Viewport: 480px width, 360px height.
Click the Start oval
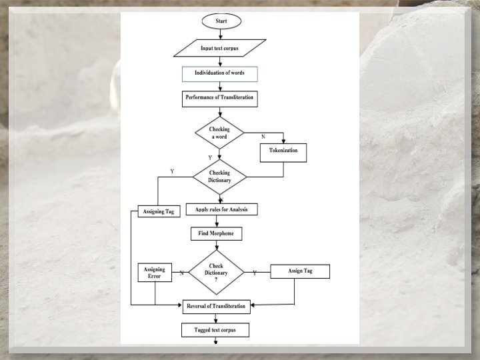tap(221, 21)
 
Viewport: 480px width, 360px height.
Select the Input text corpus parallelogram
tap(219, 49)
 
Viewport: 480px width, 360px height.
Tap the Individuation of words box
tap(219, 73)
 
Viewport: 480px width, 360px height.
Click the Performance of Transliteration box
tap(219, 97)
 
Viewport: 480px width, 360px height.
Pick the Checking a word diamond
tap(219, 133)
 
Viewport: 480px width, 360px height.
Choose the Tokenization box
tap(283, 151)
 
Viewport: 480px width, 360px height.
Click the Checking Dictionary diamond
tap(219, 177)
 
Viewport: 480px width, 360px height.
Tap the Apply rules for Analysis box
tap(221, 209)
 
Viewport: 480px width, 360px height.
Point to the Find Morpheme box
tap(215, 234)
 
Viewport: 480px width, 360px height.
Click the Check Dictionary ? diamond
tap(216, 272)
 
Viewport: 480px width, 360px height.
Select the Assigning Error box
tap(154, 273)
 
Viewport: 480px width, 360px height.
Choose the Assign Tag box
tap(299, 271)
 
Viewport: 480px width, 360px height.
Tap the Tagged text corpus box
tap(215, 329)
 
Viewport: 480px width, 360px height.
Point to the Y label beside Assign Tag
tap(254, 273)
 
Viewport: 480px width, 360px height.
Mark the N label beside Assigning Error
tap(181, 273)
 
